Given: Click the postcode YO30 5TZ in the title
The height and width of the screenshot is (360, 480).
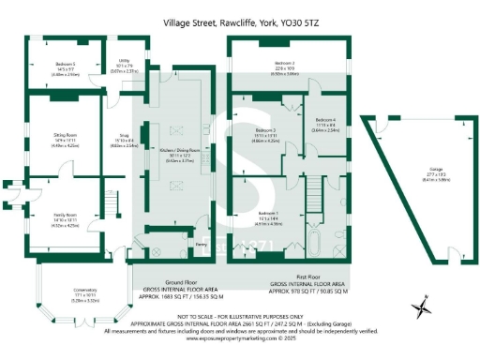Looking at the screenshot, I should pyautogui.click(x=305, y=20).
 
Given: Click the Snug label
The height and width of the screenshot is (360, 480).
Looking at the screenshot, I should pyautogui.click(x=123, y=135).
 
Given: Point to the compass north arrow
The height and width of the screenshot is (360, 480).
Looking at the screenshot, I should pyautogui.click(x=425, y=306).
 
